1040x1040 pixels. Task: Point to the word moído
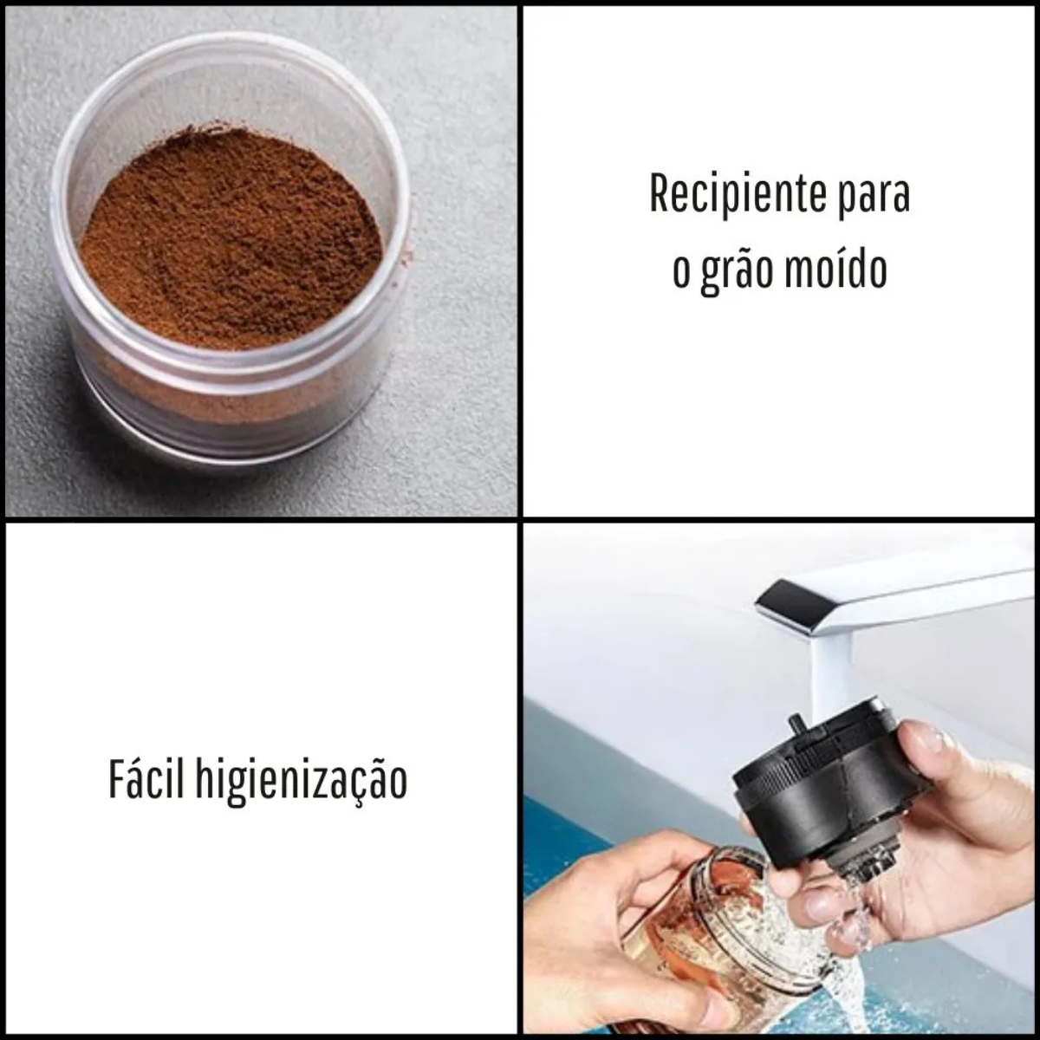(841, 267)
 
